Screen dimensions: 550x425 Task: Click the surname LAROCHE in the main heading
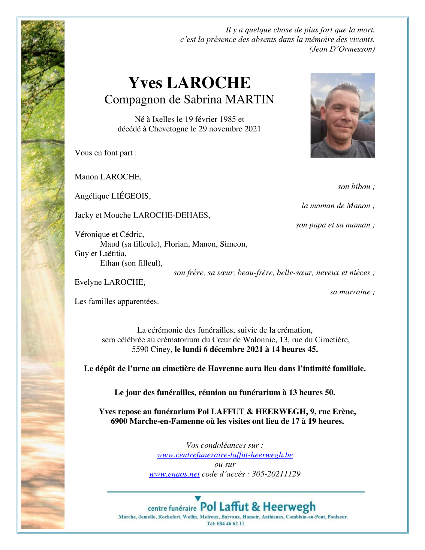point(208,83)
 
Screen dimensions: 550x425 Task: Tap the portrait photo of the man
point(342,115)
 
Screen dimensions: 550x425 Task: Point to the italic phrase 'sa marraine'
point(350,292)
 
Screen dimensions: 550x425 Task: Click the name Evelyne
point(88,282)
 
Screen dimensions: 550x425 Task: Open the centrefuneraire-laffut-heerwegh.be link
point(225,455)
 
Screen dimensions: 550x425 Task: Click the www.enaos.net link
point(174,474)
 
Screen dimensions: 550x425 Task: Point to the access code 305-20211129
point(276,474)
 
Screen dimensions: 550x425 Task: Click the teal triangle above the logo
point(198,498)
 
